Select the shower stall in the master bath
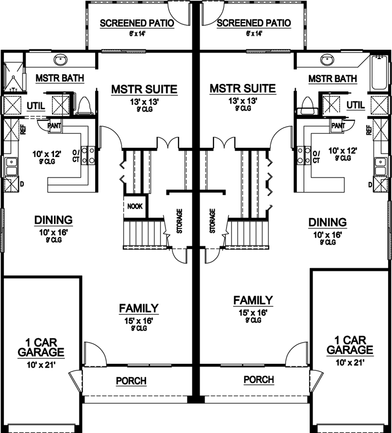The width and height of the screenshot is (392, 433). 11,77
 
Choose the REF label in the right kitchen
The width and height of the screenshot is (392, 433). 369,130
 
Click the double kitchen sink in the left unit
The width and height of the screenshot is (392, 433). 10,165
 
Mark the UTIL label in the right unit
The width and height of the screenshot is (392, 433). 356,104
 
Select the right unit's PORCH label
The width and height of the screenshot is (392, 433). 258,379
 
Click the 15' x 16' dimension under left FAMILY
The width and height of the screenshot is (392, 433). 139,320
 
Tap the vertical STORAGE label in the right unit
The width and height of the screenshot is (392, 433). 212,221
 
